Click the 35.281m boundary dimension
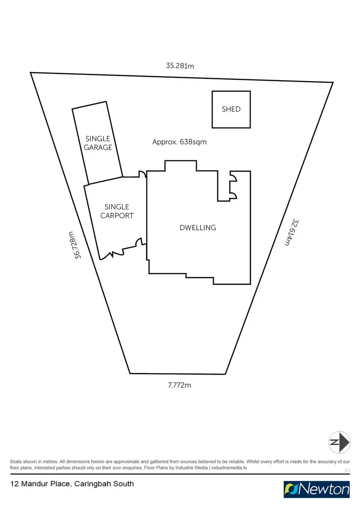(180, 66)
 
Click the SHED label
(231, 109)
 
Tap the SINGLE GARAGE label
(98, 143)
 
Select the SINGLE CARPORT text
(117, 211)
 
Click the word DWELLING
(198, 228)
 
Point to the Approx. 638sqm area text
(180, 142)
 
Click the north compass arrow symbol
(339, 442)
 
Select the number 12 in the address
(15, 484)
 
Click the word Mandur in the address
(35, 484)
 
